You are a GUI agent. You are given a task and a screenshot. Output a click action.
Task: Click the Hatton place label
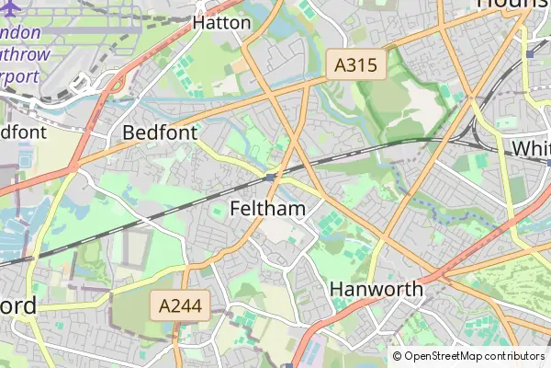tap(221, 23)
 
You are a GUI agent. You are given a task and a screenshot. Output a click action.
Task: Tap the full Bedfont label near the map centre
tap(160, 133)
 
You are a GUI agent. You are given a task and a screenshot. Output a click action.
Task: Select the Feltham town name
tap(267, 209)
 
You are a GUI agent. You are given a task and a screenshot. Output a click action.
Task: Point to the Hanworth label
tap(377, 289)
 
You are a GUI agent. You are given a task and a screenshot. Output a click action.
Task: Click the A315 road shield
tap(356, 65)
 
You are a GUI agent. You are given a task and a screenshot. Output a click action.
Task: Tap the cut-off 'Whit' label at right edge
tap(531, 148)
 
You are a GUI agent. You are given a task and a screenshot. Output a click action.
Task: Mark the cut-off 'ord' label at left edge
tap(18, 305)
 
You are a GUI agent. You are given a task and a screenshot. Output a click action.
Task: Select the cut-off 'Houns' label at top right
tap(513, 5)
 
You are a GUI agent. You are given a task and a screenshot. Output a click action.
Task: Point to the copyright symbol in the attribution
tap(397, 356)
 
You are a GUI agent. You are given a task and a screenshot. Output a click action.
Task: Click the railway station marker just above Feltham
tap(271, 175)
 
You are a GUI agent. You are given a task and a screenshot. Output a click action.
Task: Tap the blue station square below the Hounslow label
tap(531, 54)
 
